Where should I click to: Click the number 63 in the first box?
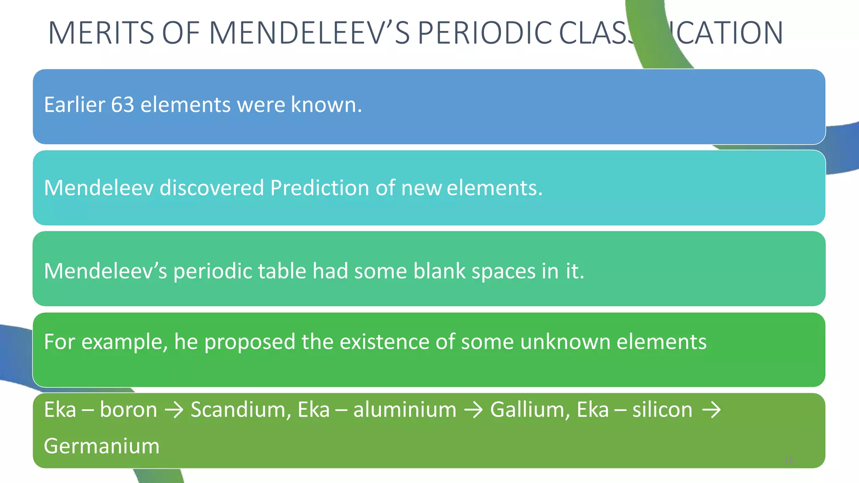pos(122,104)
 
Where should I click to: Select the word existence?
pos(384,342)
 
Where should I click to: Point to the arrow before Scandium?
pos(174,410)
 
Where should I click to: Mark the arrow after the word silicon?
pos(711,410)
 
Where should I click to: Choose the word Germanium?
pos(102,446)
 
